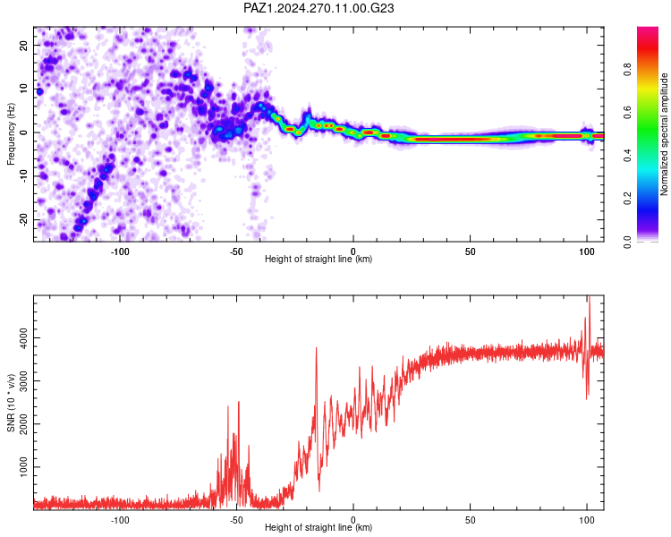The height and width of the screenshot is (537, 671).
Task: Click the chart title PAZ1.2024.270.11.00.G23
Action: point(319,8)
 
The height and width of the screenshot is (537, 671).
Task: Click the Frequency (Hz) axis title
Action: point(11,134)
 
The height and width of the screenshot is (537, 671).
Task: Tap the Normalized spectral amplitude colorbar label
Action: point(664,134)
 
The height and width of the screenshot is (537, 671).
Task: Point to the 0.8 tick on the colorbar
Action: point(627,69)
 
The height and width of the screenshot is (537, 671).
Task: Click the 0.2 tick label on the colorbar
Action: point(627,199)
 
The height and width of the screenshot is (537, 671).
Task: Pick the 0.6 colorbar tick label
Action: point(627,112)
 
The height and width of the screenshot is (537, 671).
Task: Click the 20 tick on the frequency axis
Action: point(23,46)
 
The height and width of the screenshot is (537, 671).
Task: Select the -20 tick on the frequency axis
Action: point(23,219)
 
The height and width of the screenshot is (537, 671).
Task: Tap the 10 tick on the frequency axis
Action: point(23,89)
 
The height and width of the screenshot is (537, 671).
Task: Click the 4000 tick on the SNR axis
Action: point(23,338)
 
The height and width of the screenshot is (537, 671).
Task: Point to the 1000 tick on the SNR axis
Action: point(23,467)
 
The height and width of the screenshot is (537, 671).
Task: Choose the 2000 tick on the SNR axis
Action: point(23,424)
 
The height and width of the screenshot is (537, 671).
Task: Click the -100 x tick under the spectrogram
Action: point(120,251)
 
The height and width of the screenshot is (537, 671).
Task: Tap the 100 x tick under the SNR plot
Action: point(587,520)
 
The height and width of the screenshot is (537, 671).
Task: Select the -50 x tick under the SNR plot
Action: point(236,520)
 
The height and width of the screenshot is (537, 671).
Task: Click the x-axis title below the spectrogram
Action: point(319,259)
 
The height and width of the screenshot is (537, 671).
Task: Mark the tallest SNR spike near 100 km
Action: point(590,297)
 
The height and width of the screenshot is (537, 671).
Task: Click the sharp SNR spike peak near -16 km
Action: point(316,348)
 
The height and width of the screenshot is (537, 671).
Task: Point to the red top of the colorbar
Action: point(648,30)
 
